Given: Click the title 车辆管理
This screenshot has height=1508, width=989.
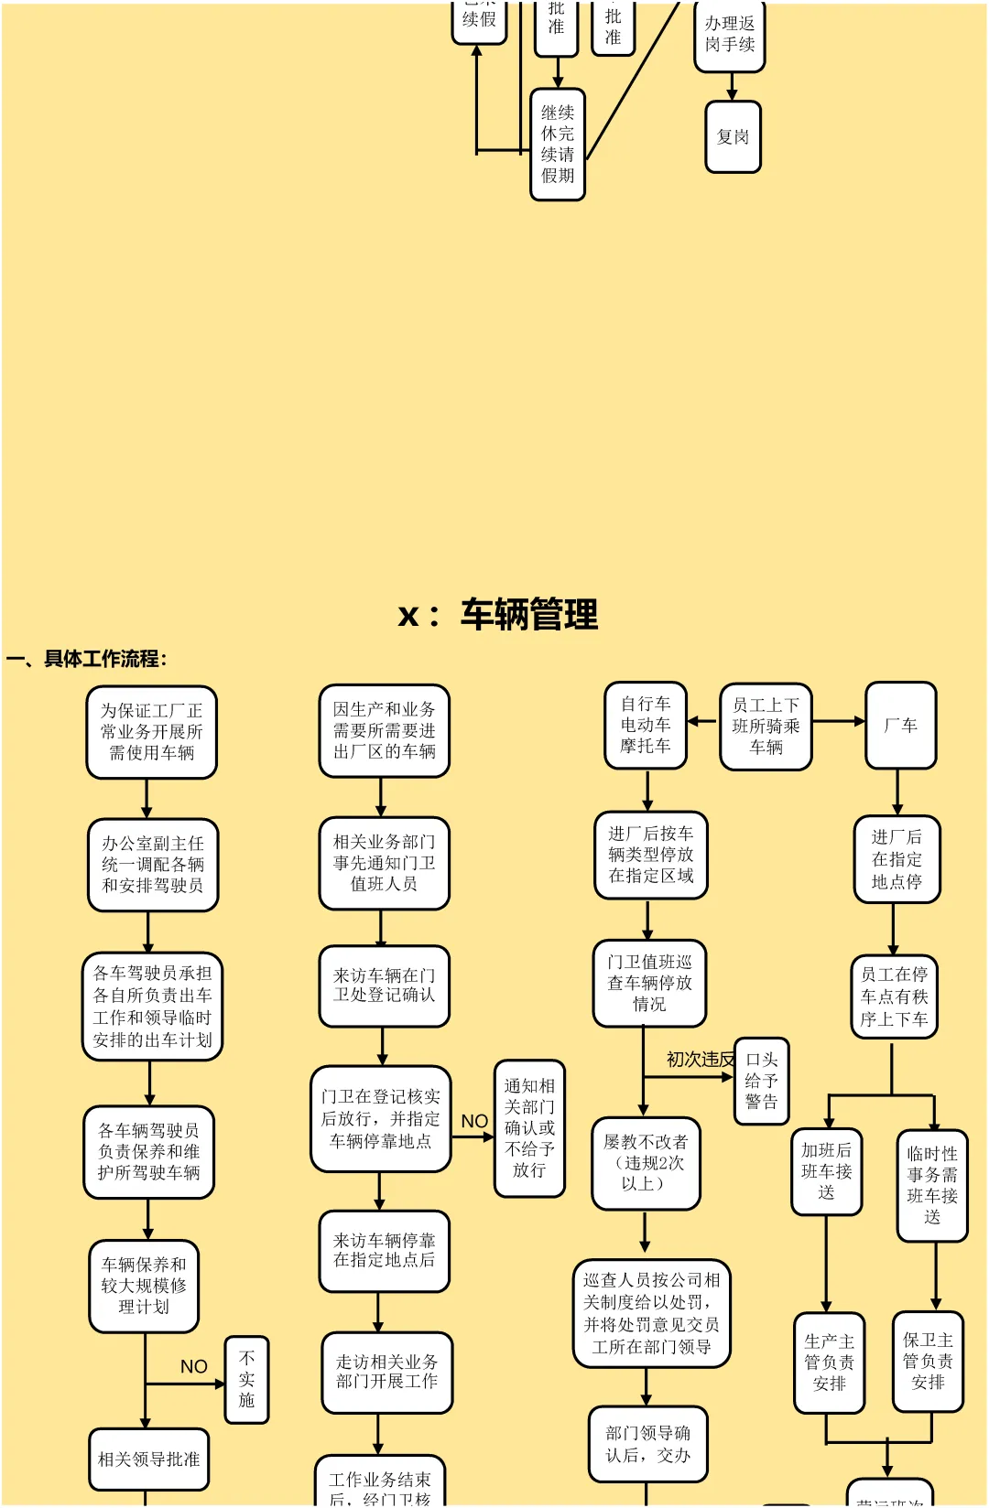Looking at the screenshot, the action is click(x=528, y=615).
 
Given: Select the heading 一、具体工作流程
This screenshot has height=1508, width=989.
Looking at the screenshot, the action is click(x=87, y=659).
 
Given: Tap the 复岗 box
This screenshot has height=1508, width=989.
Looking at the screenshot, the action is click(x=733, y=137).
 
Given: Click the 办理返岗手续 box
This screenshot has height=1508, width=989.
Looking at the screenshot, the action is click(x=730, y=35).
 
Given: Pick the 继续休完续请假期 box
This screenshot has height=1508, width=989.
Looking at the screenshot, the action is click(x=558, y=145).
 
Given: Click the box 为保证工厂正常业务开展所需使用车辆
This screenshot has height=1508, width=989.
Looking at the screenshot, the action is click(x=152, y=732).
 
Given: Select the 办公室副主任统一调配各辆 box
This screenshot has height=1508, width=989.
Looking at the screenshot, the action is click(x=153, y=865).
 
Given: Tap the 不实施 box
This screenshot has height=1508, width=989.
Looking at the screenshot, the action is click(x=246, y=1379).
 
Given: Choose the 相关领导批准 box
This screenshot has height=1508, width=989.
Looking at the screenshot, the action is click(x=149, y=1460).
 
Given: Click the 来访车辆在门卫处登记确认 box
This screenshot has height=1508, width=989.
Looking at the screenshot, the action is click(x=384, y=986).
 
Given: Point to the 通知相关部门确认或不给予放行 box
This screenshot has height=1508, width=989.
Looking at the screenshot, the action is click(x=529, y=1128).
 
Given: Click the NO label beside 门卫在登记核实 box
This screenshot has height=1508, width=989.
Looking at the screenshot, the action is click(x=474, y=1121).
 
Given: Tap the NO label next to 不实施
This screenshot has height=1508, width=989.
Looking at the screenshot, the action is click(x=194, y=1366).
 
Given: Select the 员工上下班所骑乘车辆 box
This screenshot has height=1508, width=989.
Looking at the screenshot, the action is click(x=766, y=727).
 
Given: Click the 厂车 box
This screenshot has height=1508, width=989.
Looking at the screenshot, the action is click(x=901, y=725).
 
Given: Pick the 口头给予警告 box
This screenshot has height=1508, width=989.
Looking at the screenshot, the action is click(x=761, y=1081).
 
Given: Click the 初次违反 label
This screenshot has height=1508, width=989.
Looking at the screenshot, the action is click(x=700, y=1060).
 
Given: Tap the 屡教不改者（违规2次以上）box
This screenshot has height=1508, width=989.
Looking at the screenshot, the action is click(x=646, y=1163).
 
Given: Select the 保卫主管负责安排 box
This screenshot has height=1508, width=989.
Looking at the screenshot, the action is click(x=928, y=1361).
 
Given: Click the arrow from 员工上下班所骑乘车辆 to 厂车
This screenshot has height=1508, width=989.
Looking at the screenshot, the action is click(x=839, y=721).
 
